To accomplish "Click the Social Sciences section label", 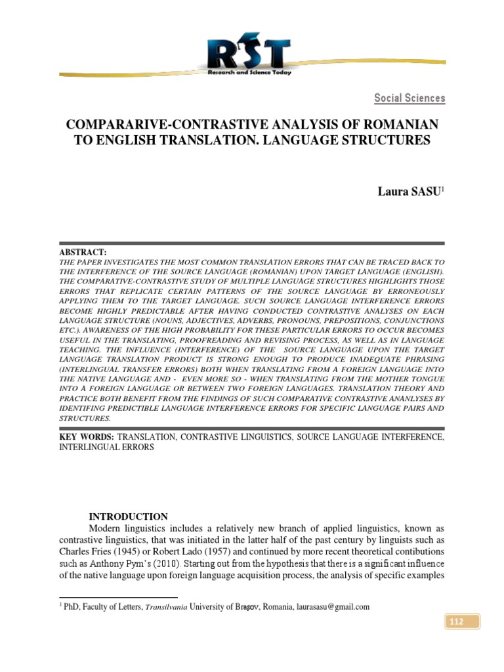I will [x=409, y=98].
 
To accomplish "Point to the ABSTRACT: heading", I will [x=83, y=253].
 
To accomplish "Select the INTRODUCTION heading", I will [x=128, y=516].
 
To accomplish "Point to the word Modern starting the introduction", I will [x=104, y=528].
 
